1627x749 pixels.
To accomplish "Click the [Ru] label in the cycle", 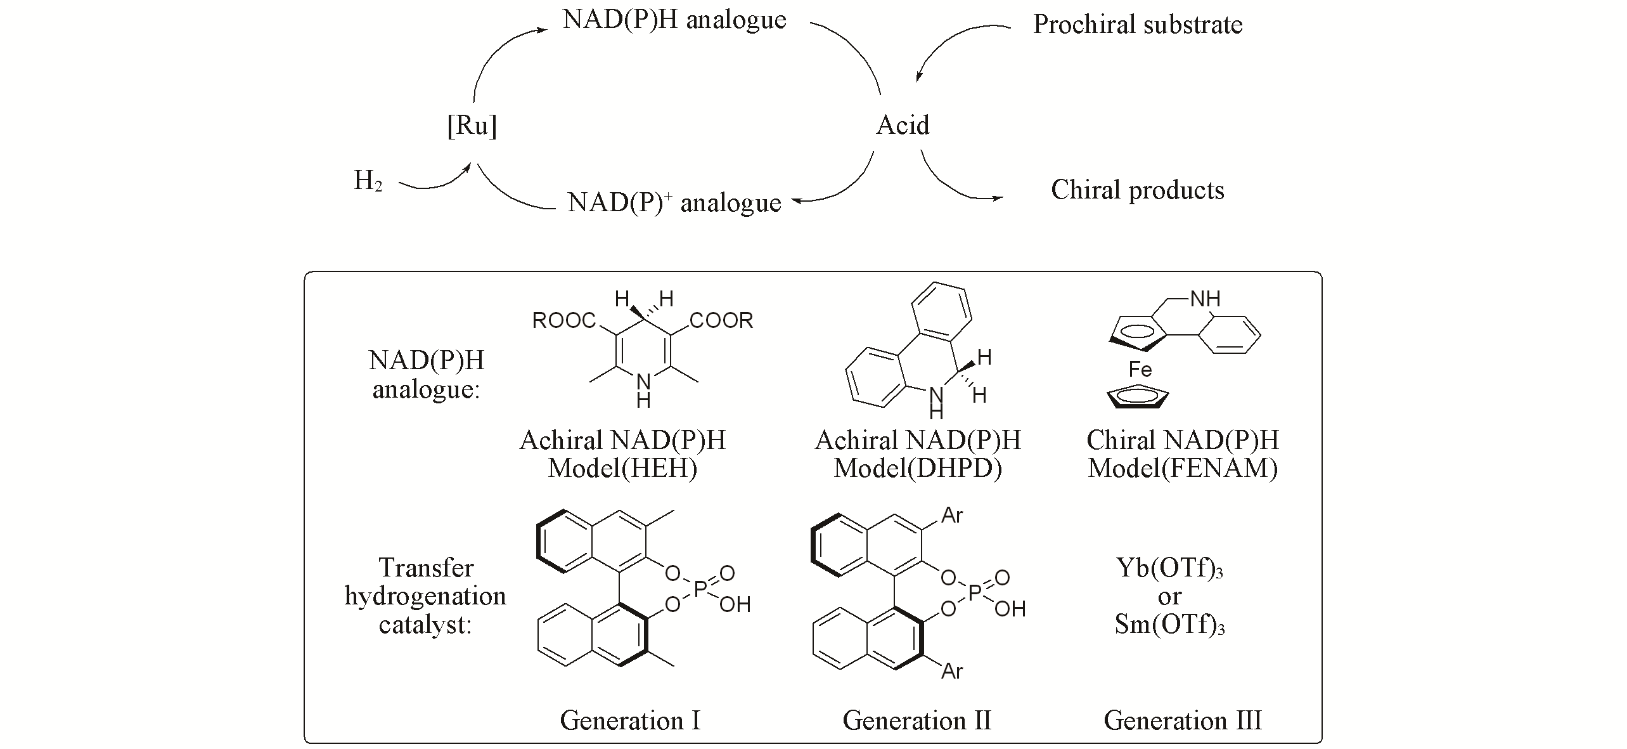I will [472, 126].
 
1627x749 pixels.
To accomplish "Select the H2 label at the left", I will [368, 181].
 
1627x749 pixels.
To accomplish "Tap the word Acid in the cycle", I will [903, 125].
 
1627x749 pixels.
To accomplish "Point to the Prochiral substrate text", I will [1138, 25].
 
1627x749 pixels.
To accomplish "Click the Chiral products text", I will [1138, 190].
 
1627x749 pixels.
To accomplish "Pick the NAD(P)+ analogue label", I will [674, 202].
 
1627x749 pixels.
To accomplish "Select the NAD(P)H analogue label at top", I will [674, 20].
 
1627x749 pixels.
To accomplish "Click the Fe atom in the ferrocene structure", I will [1140, 369].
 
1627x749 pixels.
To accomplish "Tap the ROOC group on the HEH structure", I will [564, 321].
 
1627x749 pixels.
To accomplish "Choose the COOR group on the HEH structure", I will [721, 321].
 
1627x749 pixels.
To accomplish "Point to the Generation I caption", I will [630, 720].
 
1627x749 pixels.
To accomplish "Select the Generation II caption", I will [916, 720].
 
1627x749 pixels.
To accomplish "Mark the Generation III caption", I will [1183, 720].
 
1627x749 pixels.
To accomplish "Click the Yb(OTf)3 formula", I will [1169, 568].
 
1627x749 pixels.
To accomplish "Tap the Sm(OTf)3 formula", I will [1169, 625].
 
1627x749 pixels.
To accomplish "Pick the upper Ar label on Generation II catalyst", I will [952, 516].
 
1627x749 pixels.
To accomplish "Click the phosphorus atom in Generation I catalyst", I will [700, 589].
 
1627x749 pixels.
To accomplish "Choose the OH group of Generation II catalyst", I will [1010, 609].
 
